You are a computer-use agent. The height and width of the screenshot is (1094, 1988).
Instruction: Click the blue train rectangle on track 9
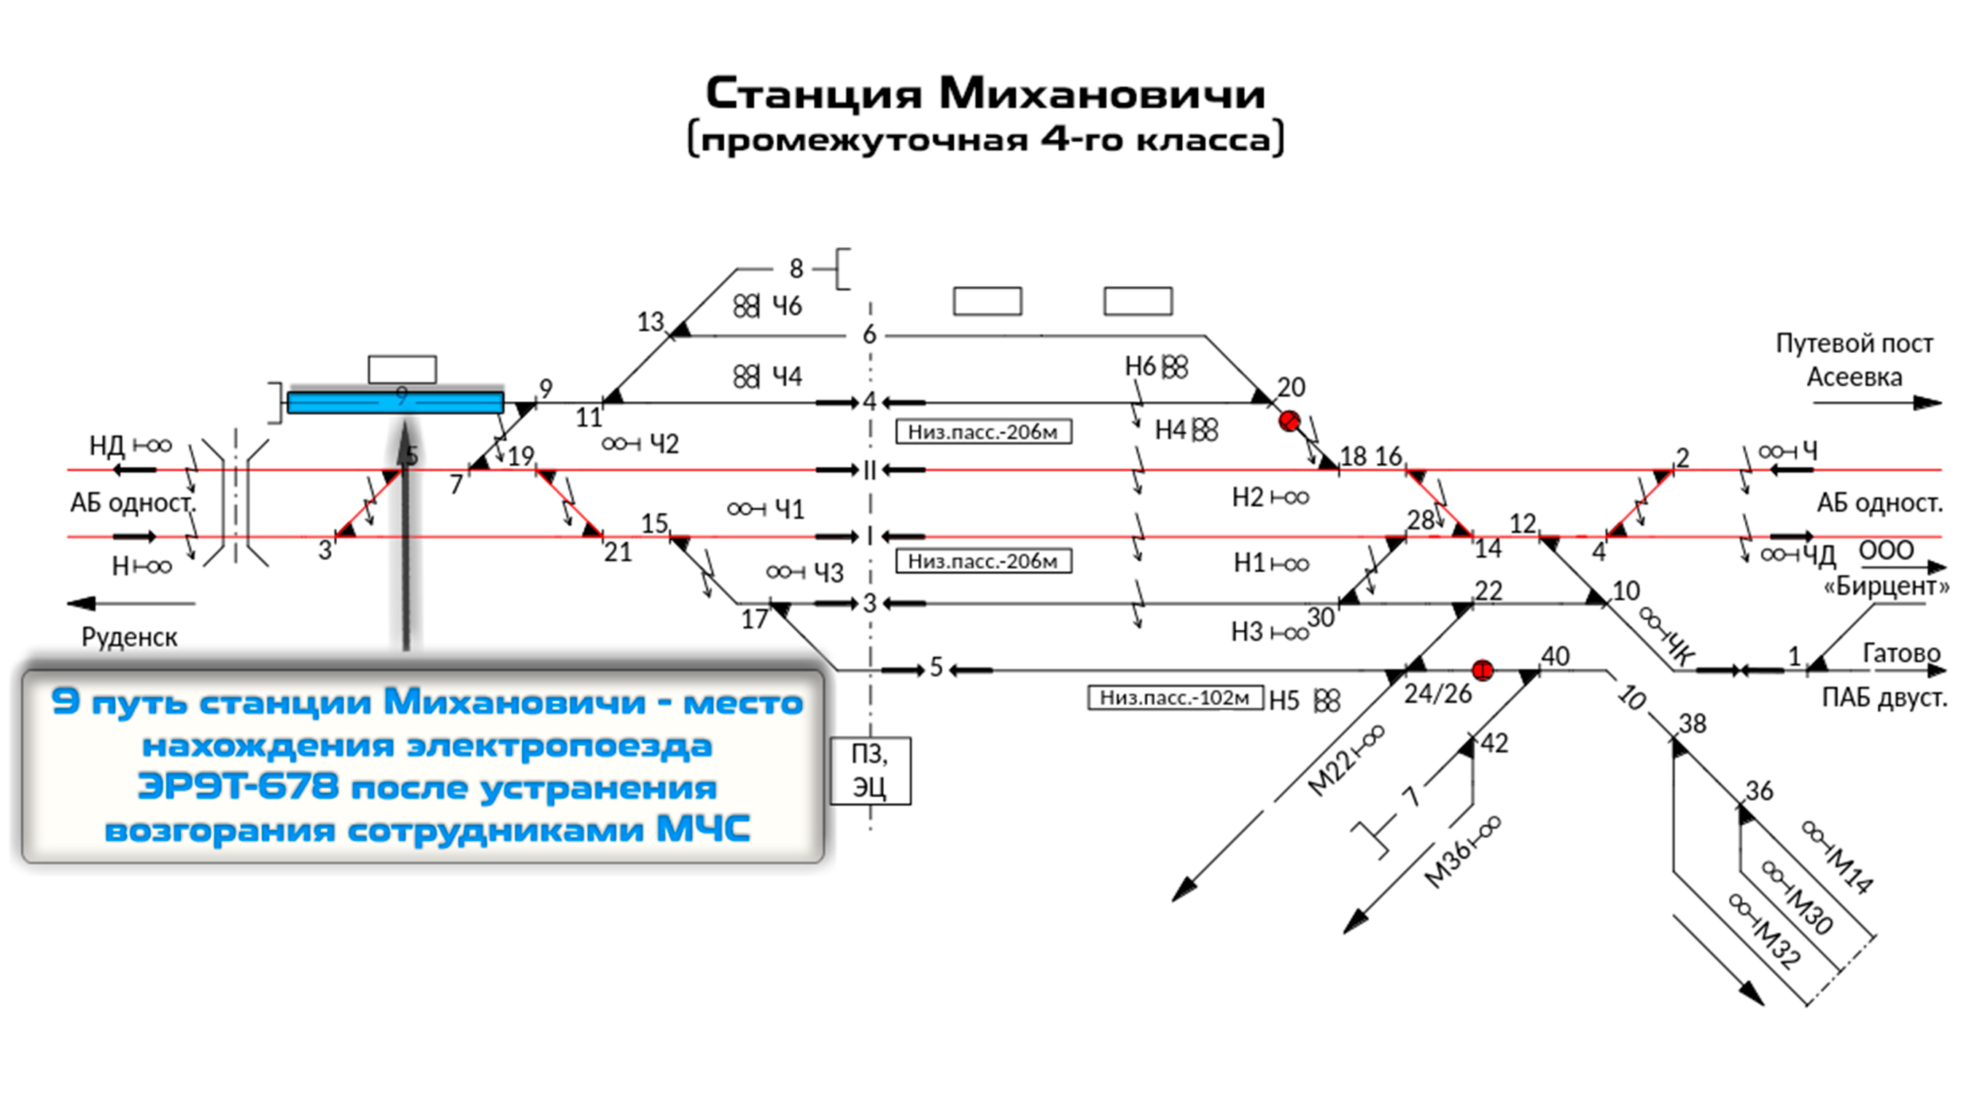(x=395, y=403)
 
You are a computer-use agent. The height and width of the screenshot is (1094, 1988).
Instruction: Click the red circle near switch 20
(x=1289, y=421)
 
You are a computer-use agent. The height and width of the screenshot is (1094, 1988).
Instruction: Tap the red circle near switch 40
(x=1482, y=670)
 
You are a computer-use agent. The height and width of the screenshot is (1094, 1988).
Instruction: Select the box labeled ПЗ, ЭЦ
(x=870, y=770)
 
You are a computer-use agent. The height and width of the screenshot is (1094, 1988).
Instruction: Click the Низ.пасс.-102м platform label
(x=1175, y=698)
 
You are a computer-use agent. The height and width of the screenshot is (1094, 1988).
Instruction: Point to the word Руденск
(x=130, y=637)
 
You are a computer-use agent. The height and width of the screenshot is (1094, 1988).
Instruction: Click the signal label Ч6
(x=787, y=306)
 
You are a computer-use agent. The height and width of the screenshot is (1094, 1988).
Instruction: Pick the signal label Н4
(x=1170, y=430)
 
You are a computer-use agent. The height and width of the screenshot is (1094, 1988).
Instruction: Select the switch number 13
(x=651, y=321)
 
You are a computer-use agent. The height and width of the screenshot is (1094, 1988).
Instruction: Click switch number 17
(x=754, y=619)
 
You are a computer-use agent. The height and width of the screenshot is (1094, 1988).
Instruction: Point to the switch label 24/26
(x=1437, y=694)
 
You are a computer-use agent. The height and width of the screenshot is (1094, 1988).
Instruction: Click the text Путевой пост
(x=1854, y=344)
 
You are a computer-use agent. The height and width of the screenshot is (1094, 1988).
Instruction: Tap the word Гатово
(x=1900, y=653)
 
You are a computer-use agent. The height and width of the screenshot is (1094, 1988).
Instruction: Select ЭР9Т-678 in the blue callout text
(x=238, y=788)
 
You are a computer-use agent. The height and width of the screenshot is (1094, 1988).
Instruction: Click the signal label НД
(x=106, y=446)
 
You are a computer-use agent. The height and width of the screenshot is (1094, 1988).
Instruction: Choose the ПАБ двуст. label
(x=1884, y=698)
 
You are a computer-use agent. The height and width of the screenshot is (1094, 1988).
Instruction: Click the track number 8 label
(x=796, y=268)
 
